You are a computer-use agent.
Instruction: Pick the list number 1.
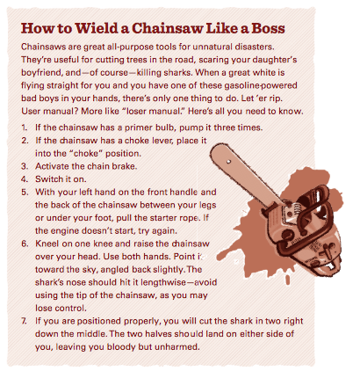click(24, 127)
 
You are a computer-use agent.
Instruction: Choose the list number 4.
click(25, 179)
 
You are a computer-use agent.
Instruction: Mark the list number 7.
click(24, 321)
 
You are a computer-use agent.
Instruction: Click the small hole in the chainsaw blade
click(229, 161)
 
